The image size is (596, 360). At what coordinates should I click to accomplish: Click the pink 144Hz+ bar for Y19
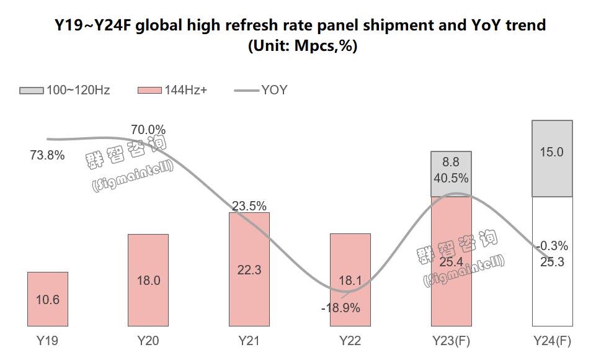[48, 299]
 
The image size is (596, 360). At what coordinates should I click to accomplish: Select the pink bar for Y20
[148, 280]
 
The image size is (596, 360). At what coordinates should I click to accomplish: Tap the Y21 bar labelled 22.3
[249, 269]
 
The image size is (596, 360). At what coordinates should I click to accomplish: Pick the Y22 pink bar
[350, 279]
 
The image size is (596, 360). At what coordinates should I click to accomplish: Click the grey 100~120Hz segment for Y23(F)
[451, 174]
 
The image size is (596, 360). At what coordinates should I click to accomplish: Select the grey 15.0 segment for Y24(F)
[552, 158]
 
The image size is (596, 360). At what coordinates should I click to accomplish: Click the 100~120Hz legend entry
[64, 90]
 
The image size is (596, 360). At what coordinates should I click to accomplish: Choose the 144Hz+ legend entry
[172, 90]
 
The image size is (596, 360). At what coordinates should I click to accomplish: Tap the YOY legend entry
[261, 90]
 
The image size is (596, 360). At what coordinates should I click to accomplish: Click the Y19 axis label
[48, 341]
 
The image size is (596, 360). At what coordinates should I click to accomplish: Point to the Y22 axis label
[350, 341]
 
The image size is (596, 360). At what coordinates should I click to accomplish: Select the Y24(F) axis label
[552, 341]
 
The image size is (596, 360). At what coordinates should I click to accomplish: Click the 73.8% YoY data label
[47, 155]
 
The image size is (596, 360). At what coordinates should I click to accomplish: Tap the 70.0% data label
[148, 130]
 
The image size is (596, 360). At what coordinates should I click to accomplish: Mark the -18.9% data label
[340, 307]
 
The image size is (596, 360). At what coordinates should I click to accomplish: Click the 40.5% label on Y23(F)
[451, 178]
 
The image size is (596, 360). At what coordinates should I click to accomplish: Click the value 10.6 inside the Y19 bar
[48, 300]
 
